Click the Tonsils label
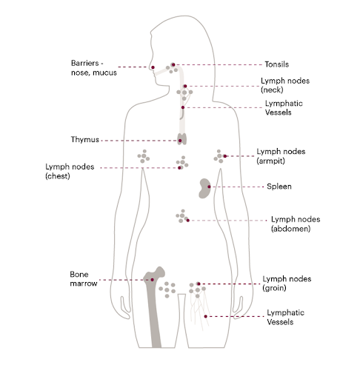click(x=276, y=64)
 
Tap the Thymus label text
click(x=84, y=140)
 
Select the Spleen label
click(x=279, y=187)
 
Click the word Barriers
click(x=84, y=63)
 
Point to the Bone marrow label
click(x=84, y=279)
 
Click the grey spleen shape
click(x=204, y=188)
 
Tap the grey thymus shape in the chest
click(x=182, y=139)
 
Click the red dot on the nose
click(x=153, y=67)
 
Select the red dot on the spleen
click(x=209, y=187)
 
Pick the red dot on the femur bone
click(x=153, y=280)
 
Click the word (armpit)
click(x=270, y=161)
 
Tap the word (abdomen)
click(x=290, y=229)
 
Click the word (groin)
click(x=274, y=288)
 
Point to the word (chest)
click(x=58, y=176)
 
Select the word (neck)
click(x=272, y=90)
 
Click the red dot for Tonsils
click(x=173, y=64)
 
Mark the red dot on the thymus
click(x=180, y=141)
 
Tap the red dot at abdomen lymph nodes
click(x=188, y=221)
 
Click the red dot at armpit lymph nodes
click(x=225, y=156)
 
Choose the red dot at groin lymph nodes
click(x=199, y=284)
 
